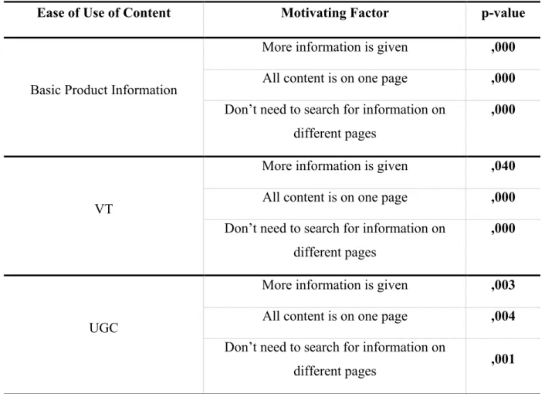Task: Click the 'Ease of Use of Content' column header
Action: point(104,13)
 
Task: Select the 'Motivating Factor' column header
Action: point(335,13)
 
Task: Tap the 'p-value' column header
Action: point(503,14)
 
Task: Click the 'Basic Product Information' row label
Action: point(103,90)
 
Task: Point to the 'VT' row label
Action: point(103,209)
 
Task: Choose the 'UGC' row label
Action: point(103,328)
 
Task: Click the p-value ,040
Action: point(503,166)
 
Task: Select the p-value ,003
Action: point(503,285)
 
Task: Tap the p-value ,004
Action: point(503,317)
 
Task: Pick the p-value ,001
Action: point(503,359)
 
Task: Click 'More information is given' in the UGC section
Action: point(335,285)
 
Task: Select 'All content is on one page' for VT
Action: point(335,198)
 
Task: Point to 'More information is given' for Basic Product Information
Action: point(335,47)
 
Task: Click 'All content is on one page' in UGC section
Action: point(335,317)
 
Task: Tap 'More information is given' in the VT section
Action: point(335,166)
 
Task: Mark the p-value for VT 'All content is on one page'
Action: point(503,198)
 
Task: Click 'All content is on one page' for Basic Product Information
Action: point(335,79)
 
